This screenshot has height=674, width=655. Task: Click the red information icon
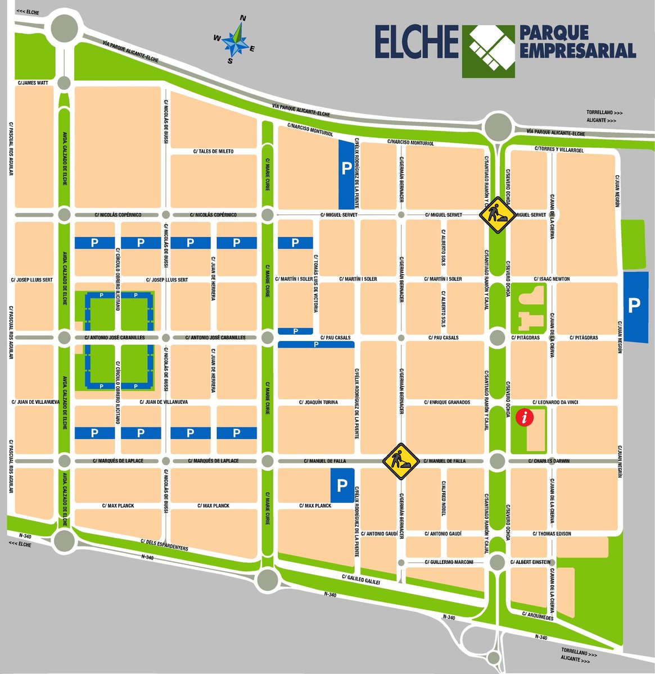pos(525,417)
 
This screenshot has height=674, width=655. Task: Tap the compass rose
pos(237,40)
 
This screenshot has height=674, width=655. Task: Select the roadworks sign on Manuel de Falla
pos(399,461)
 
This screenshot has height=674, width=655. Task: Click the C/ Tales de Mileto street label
pos(213,152)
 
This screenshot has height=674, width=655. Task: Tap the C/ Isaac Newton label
pos(552,279)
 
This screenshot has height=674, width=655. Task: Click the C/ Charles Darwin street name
pos(549,461)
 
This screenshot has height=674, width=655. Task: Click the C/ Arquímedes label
pos(538,616)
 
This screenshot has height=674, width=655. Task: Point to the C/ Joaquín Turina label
pos(318,402)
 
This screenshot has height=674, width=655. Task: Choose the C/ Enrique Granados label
pos(448,402)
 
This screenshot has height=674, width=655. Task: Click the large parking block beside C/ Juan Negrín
pos(634,306)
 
